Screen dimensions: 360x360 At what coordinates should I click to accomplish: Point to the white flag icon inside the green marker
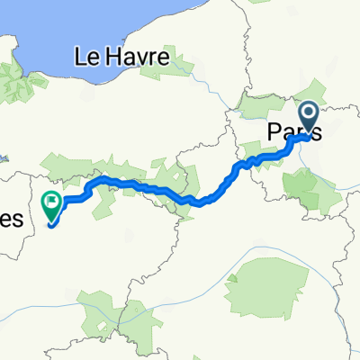(x=52, y=201)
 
